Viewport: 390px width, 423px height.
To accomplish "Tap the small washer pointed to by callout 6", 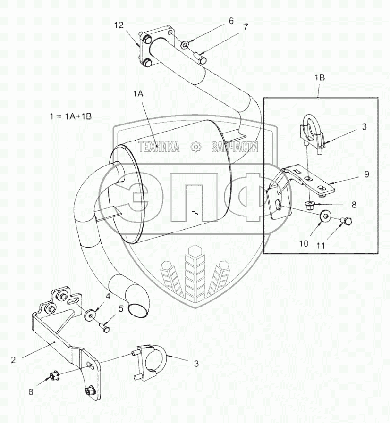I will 185,45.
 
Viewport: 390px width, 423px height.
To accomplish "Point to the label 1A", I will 138,94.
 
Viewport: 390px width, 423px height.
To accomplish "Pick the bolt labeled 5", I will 105,325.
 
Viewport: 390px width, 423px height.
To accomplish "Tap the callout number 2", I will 13,359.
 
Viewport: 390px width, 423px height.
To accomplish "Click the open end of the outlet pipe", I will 137,309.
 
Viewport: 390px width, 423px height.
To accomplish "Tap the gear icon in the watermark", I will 195,147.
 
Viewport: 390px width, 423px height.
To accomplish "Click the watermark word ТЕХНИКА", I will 159,147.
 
